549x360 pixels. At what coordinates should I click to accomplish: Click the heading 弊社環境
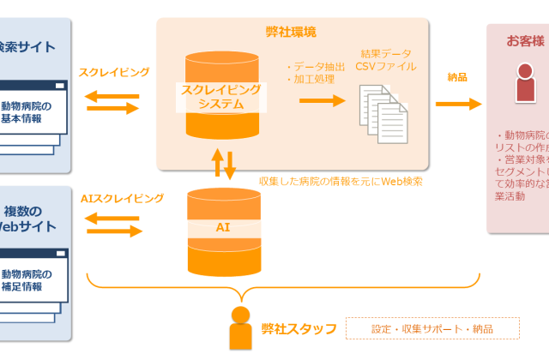pos(291,32)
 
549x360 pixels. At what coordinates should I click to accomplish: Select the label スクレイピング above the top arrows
pos(114,73)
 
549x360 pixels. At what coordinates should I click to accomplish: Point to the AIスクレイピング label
pos(122,198)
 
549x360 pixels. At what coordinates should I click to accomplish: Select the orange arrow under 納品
pos(459,104)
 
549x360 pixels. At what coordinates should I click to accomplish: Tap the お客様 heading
pos(524,40)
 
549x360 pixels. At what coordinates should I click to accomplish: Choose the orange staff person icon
pos(242,327)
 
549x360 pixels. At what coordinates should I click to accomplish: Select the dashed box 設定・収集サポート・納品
pos(432,328)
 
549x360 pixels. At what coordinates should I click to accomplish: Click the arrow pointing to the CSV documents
pos(321,100)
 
